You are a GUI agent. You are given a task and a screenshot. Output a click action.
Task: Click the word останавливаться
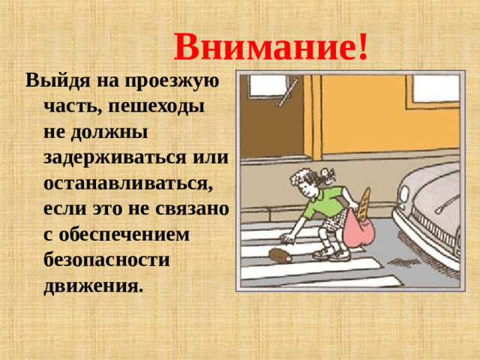click(x=128, y=184)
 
